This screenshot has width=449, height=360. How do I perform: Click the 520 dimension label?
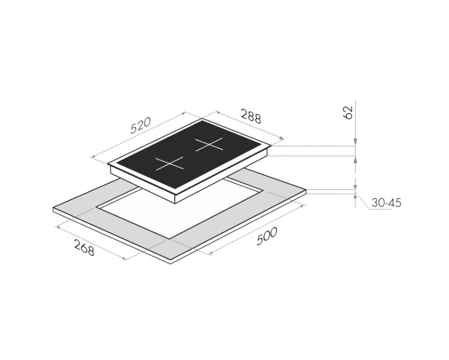[140, 126]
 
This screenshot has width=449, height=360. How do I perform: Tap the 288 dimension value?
[251, 116]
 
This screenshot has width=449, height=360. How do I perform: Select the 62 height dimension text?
[347, 112]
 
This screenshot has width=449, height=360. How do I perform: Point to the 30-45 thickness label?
[386, 203]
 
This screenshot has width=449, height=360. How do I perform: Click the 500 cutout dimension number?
[267, 236]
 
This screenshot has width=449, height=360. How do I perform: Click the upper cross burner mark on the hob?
[209, 145]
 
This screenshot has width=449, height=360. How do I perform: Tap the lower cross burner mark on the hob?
[170, 164]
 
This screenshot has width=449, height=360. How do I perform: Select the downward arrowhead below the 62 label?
[355, 142]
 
